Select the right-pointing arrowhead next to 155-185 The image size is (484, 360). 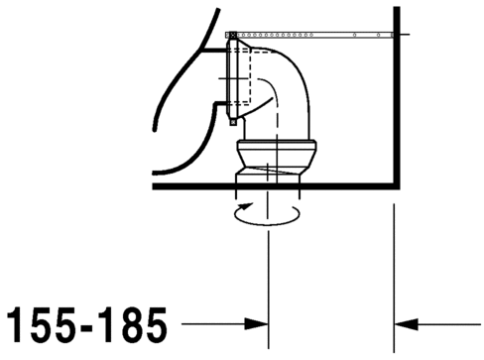[259, 323]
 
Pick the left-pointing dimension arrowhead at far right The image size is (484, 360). [405, 323]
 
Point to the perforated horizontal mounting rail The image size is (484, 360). [317, 34]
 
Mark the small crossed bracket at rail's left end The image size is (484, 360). [231, 34]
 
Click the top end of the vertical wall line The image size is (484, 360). [396, 10]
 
